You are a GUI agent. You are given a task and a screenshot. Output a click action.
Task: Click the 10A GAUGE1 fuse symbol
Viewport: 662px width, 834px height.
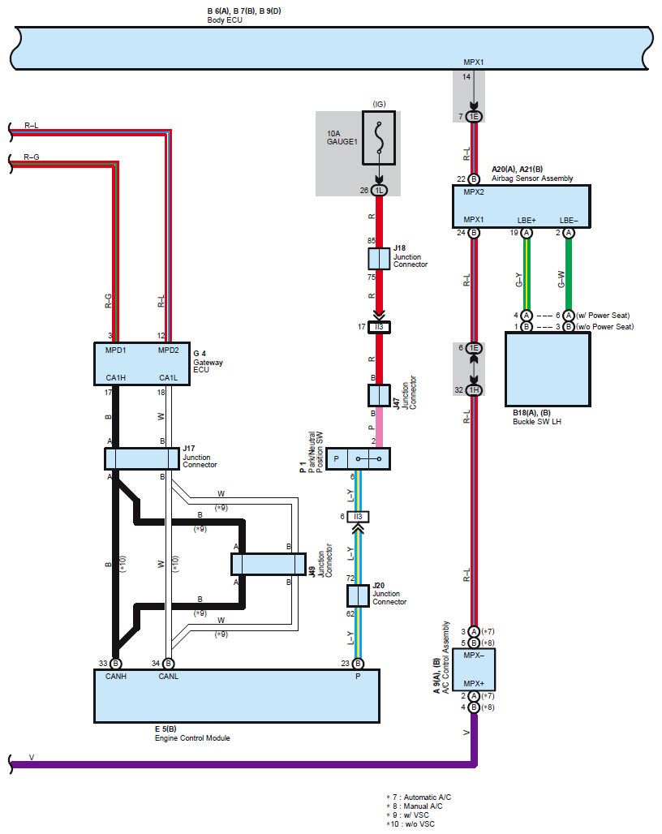coord(379,138)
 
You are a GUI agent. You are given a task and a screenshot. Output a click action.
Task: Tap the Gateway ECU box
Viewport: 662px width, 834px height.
coord(142,363)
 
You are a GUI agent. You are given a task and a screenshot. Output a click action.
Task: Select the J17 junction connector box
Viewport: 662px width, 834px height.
coord(142,458)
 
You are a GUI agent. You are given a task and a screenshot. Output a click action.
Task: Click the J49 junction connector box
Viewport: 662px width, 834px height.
coord(269,565)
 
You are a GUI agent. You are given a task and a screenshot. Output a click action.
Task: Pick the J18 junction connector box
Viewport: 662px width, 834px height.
coord(379,259)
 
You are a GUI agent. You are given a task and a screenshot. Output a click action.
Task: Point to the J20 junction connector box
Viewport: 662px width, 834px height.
coord(358,595)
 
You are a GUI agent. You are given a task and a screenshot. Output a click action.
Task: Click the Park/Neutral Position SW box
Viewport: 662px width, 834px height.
coord(358,458)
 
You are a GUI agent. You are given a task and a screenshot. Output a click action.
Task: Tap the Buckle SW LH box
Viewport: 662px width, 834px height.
coord(548,370)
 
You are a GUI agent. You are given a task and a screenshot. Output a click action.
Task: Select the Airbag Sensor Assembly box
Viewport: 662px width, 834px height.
coord(521,206)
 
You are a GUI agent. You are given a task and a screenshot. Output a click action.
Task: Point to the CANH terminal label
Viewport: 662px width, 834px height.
coord(116,677)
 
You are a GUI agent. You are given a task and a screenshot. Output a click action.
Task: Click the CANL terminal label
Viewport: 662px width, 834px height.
coord(169,677)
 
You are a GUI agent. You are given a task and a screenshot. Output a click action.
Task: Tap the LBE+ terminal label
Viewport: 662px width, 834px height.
coord(527,220)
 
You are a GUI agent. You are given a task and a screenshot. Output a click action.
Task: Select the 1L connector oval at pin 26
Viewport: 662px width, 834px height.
coord(379,191)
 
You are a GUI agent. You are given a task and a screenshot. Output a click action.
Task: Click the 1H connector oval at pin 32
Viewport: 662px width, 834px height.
coord(474,390)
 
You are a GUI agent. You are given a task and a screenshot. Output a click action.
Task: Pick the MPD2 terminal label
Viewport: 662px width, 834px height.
coord(169,350)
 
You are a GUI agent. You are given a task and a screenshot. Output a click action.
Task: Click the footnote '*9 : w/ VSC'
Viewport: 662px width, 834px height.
coord(407,815)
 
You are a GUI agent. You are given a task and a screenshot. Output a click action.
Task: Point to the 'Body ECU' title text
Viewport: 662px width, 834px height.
coord(225,20)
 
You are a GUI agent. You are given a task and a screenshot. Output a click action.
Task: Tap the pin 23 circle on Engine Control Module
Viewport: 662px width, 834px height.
coord(358,664)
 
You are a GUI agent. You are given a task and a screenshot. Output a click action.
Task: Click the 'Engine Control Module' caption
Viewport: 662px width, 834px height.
coord(192,738)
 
